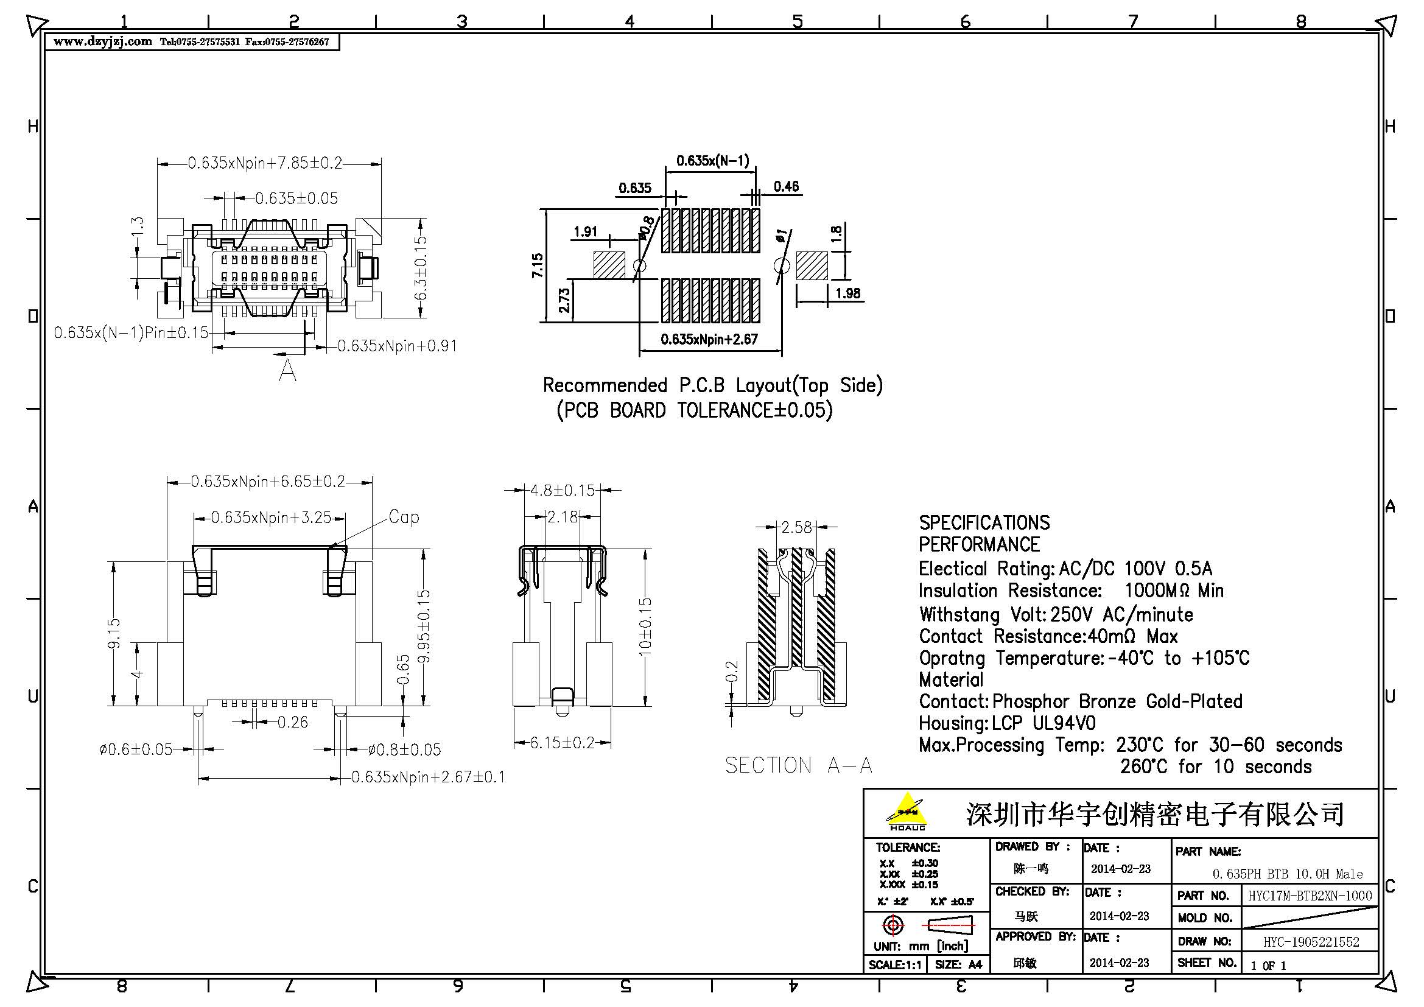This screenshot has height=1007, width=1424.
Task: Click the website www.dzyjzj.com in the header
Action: [x=102, y=41]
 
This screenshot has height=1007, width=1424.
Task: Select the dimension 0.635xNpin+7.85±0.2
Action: [x=265, y=163]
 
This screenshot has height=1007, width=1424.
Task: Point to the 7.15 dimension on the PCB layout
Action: [x=537, y=265]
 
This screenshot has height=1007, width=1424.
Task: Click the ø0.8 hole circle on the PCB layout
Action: [x=639, y=265]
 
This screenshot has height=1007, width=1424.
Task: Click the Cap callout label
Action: [x=404, y=517]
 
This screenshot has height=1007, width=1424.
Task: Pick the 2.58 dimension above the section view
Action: [x=796, y=527]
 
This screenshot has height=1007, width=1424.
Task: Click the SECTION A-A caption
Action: [x=798, y=765]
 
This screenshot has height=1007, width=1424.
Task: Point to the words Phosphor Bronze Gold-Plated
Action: [x=1117, y=701]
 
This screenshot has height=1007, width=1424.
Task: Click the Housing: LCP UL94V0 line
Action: [x=1006, y=723]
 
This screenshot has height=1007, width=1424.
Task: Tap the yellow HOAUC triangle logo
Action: [x=907, y=809]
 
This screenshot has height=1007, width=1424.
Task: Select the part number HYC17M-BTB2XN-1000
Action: [x=1310, y=896]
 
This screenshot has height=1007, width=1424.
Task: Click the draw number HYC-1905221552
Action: [x=1311, y=942]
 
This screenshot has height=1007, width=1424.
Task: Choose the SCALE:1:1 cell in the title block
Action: [x=894, y=965]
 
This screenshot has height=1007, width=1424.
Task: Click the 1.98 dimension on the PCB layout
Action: [x=847, y=293]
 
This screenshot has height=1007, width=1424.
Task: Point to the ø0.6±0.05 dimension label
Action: [x=136, y=749]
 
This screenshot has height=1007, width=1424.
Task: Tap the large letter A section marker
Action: [x=287, y=371]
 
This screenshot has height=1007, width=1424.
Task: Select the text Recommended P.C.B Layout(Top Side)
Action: [x=712, y=385]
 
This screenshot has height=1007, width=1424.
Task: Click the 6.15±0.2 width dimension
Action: [x=562, y=743]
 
